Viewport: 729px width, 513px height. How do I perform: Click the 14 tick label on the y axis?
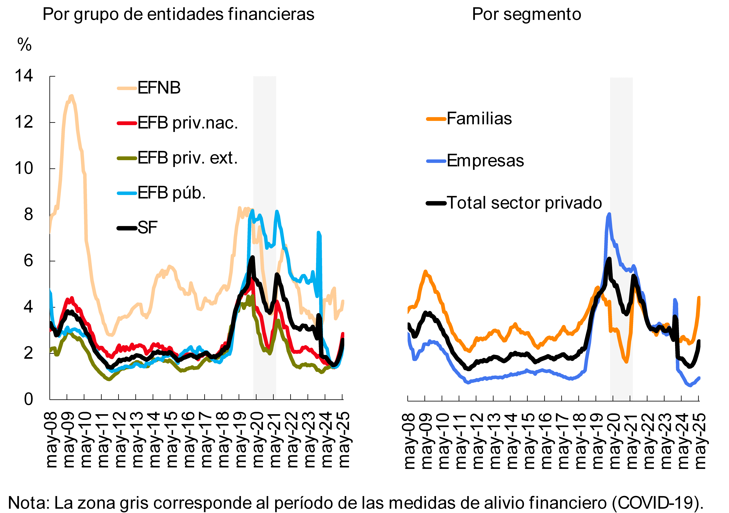tap(24, 76)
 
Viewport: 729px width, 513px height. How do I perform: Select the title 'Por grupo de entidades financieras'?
tap(178, 14)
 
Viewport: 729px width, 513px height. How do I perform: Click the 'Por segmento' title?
tap(526, 14)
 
